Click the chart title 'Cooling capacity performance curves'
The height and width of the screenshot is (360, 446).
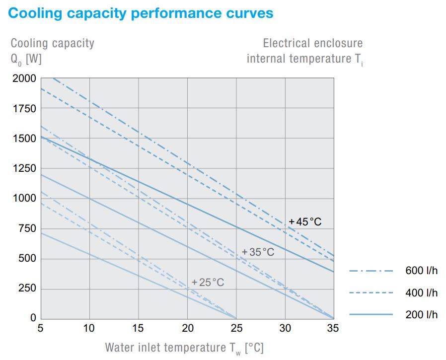click(x=141, y=13)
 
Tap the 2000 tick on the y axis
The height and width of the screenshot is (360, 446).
click(x=24, y=78)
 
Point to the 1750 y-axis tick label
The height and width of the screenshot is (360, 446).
click(x=24, y=109)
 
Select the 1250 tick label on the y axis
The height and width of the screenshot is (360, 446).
click(x=24, y=169)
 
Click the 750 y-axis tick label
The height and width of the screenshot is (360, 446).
click(x=27, y=229)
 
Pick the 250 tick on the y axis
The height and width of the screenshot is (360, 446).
click(x=27, y=289)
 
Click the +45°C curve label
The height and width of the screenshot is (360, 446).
click(x=305, y=222)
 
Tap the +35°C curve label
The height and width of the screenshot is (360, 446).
click(x=258, y=252)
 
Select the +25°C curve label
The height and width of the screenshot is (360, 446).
click(x=208, y=283)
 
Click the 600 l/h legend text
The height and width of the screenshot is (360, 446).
click(x=421, y=271)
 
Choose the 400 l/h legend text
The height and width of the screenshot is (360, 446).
click(x=421, y=293)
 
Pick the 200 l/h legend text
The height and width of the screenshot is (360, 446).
click(x=421, y=315)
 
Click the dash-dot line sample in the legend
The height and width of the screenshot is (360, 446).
click(x=371, y=271)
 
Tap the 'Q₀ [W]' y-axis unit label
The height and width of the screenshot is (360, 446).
click(x=26, y=59)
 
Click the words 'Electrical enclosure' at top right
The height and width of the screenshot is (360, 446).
click(x=312, y=43)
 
